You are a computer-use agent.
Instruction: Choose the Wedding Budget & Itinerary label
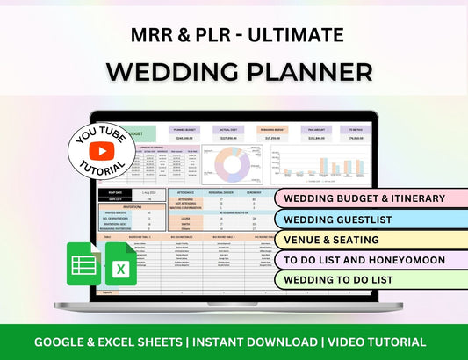coord(364,198)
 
